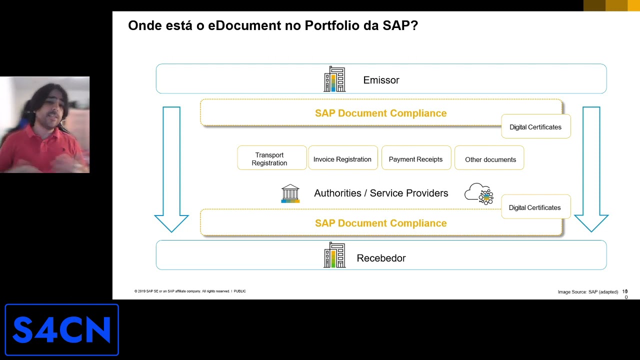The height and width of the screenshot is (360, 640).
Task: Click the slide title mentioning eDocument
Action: click(x=272, y=25)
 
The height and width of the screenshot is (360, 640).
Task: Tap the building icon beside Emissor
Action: click(x=334, y=79)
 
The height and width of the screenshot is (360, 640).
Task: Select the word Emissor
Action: click(x=381, y=80)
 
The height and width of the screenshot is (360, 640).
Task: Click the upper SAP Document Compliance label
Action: click(x=380, y=113)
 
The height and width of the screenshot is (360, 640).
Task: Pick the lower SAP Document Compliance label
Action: click(x=380, y=223)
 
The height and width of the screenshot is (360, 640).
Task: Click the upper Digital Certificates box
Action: click(x=535, y=127)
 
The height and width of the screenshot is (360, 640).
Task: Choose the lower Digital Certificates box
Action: click(x=535, y=207)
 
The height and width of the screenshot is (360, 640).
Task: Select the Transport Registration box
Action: click(x=271, y=158)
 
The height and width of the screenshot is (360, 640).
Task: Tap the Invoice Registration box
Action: click(x=342, y=159)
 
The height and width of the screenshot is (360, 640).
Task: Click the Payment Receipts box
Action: click(x=415, y=159)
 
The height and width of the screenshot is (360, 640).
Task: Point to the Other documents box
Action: click(x=490, y=159)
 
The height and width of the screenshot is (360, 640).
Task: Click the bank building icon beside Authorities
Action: click(x=290, y=193)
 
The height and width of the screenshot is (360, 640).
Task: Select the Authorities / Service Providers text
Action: click(x=381, y=193)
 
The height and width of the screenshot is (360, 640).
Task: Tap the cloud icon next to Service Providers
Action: click(x=479, y=193)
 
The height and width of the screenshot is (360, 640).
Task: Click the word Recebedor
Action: click(x=381, y=258)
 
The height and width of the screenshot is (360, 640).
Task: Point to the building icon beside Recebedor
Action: click(x=334, y=255)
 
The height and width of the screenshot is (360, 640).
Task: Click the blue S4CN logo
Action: click(x=61, y=329)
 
